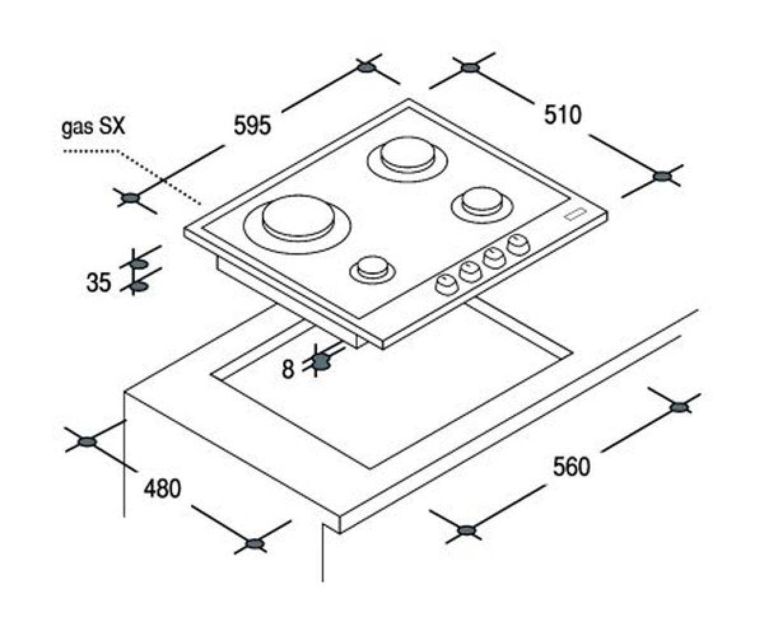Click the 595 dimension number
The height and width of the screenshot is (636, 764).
(253, 125)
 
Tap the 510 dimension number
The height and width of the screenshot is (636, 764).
(562, 114)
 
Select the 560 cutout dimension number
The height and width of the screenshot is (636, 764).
(571, 466)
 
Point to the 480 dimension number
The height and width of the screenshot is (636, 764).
(162, 488)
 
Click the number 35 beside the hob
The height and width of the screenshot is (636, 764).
(98, 282)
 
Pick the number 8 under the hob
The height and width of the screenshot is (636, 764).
(288, 368)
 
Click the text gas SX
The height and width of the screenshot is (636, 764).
(94, 128)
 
